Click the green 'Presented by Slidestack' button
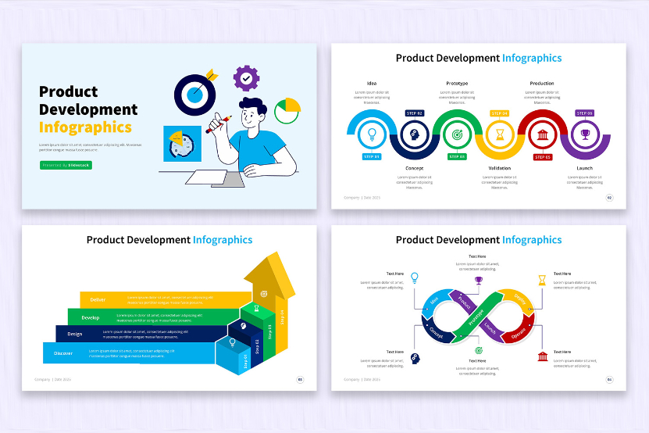point(66,165)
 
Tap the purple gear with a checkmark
point(246,78)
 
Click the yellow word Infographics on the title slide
point(85,127)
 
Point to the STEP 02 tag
point(414,113)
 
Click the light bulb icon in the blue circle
point(372,134)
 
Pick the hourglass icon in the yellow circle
point(499,134)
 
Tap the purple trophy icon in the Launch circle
point(584,134)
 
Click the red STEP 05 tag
point(542,157)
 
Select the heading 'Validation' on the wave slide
point(499,168)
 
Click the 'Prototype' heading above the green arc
point(457,83)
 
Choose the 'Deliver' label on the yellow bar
point(98,299)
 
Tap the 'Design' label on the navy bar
point(75,334)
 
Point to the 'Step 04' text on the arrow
point(283,317)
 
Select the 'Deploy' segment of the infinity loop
point(520,301)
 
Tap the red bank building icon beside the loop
point(543,357)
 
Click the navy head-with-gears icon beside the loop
point(415,358)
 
